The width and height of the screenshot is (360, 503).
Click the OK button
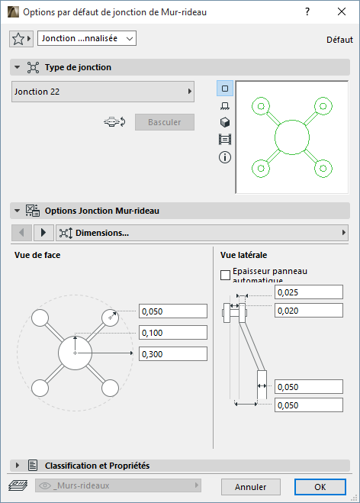pos(320,487)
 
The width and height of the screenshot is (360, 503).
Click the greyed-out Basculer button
pos(165,122)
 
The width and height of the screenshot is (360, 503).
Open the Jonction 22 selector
pos(103,92)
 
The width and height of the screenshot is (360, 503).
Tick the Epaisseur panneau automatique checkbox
pos(225,275)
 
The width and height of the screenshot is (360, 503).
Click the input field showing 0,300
pos(173,354)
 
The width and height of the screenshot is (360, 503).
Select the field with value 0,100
pos(173,333)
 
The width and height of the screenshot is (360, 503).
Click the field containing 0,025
pos(309,292)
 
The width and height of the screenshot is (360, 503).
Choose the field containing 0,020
pos(309,311)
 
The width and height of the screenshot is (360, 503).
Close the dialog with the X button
pos(342,12)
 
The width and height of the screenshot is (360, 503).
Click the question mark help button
pos(307,12)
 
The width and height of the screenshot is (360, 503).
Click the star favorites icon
pos(18,39)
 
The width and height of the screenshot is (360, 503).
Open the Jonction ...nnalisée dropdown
pos(87,38)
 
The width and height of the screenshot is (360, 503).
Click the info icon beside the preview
pos(225,157)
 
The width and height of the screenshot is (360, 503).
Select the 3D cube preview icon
pos(225,122)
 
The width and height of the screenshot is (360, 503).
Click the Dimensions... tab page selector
pos(202,233)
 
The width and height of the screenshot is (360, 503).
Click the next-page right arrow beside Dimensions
pos(43,233)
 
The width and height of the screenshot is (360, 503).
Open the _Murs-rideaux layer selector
pos(118,485)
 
